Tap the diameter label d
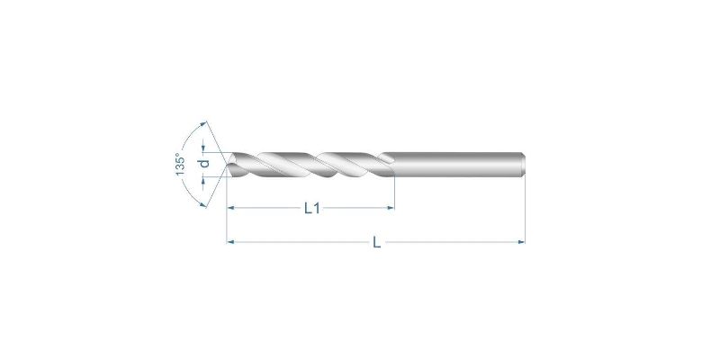tap(205, 164)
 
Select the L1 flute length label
tap(312, 208)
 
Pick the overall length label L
tap(377, 242)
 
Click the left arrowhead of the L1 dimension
tap(231, 208)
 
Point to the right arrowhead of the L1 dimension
tap(391, 208)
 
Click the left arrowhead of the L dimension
tap(230, 242)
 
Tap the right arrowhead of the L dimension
tap(521, 242)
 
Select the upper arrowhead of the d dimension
tap(203, 148)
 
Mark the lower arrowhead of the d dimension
tap(203, 180)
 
